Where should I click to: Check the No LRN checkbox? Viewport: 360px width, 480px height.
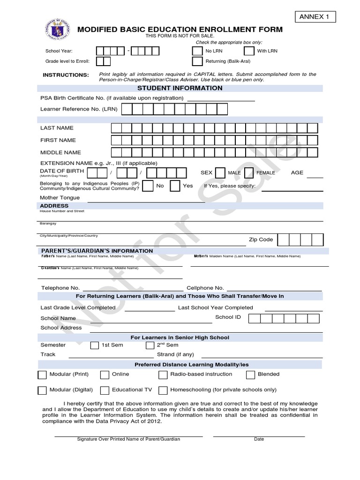197,51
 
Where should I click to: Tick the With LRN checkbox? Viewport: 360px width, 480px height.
249,51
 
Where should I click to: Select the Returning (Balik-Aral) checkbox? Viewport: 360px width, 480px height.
197,61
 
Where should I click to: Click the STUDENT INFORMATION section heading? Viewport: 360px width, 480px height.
180,88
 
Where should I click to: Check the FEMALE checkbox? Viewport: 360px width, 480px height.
249,173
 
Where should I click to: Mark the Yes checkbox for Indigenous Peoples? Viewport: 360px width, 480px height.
175,186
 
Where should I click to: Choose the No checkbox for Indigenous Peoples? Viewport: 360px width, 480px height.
147,186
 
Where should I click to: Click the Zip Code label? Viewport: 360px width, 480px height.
261,240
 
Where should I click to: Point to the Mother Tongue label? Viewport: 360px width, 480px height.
60,197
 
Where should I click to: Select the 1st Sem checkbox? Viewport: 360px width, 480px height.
94,345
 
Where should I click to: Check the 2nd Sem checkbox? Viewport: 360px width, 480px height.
150,345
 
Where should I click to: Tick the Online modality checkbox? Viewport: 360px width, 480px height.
105,375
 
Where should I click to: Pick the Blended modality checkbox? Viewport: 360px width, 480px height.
250,375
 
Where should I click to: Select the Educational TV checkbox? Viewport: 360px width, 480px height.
105,390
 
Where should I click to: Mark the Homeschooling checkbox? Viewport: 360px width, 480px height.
163,390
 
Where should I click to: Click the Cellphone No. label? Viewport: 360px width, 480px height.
205,288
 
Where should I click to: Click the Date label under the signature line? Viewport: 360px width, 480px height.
259,439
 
